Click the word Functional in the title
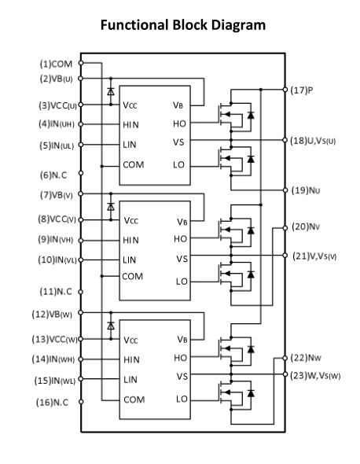click(x=134, y=25)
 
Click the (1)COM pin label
click(x=56, y=64)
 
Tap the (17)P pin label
click(x=301, y=90)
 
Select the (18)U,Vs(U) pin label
click(x=313, y=141)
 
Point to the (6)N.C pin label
click(x=53, y=175)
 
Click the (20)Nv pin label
click(x=306, y=227)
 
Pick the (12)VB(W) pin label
click(x=52, y=315)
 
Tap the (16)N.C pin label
click(x=52, y=403)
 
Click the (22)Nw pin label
click(x=306, y=358)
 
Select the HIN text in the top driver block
click(x=130, y=125)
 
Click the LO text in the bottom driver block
click(x=182, y=400)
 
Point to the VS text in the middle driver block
click(x=182, y=259)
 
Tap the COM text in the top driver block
click(x=134, y=164)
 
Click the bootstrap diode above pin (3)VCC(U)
click(x=111, y=91)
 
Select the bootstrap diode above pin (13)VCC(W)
click(x=111, y=326)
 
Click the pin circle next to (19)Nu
click(x=285, y=190)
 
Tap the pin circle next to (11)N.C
click(x=80, y=292)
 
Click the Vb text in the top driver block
click(x=178, y=105)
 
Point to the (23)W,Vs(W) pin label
click(x=315, y=376)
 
